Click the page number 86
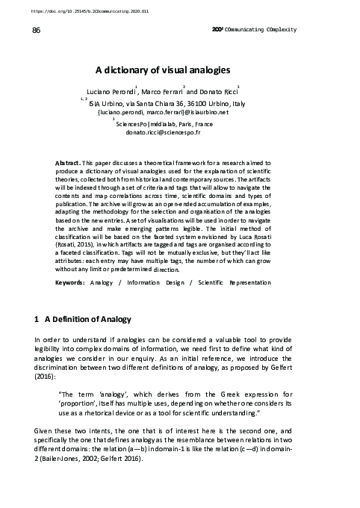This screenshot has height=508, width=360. coord(35,30)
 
